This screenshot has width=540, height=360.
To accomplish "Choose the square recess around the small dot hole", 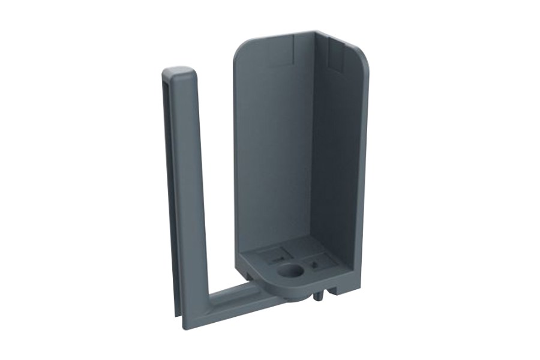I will [317, 263].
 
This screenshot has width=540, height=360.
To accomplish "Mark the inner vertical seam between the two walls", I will [315, 150].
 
